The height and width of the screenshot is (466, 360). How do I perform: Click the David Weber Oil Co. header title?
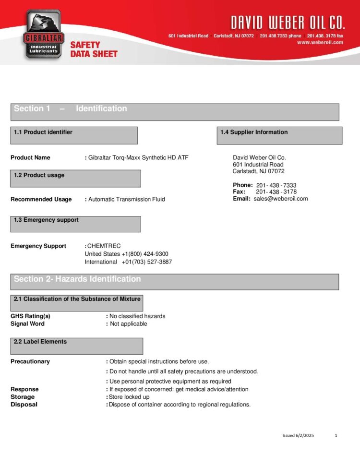[x=287, y=22]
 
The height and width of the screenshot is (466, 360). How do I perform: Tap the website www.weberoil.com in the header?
[x=320, y=42]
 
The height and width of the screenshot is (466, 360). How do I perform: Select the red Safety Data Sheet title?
[x=94, y=49]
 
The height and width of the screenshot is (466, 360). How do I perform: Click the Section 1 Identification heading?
[x=71, y=109]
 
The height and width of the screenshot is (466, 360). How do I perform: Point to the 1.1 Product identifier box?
[x=74, y=135]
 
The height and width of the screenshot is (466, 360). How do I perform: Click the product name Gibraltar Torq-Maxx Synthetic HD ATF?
[x=139, y=157]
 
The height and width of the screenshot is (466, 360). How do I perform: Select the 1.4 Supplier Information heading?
[x=254, y=132]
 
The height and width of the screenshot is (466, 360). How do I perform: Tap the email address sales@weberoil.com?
[x=281, y=199]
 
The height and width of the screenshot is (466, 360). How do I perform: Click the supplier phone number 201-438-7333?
[x=276, y=185]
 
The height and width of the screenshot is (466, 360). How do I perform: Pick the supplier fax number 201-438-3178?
[x=276, y=192]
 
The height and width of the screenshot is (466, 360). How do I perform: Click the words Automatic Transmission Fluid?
[x=127, y=199]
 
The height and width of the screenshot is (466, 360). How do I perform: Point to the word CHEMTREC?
[x=104, y=246]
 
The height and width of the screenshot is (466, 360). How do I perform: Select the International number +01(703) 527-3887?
[x=146, y=262]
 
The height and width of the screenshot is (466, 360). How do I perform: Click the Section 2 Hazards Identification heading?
[x=77, y=279]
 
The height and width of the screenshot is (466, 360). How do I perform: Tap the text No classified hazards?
[x=137, y=316]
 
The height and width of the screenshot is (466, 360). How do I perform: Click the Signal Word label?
[x=27, y=324]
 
